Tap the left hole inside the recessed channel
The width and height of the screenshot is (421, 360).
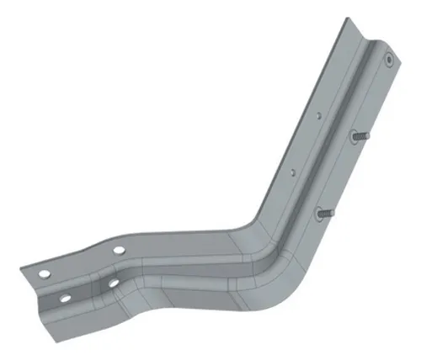pos(65,298)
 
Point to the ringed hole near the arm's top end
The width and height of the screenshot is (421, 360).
pos(388,60)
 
